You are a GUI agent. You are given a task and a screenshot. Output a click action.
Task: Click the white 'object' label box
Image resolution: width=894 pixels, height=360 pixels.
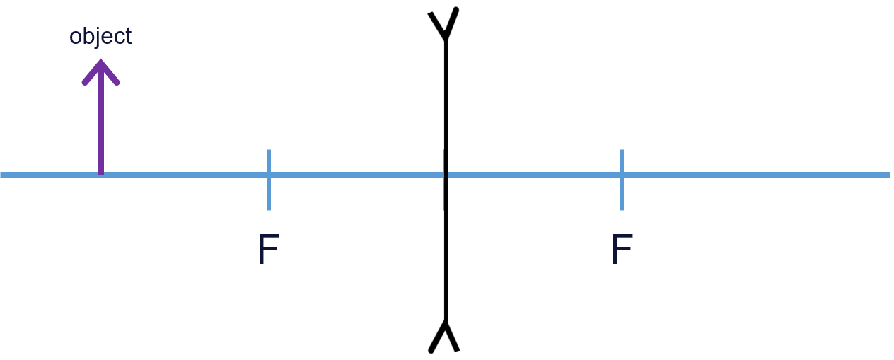pyautogui.click(x=100, y=35)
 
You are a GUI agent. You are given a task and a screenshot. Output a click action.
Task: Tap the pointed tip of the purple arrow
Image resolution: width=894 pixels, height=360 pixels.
pyautogui.click(x=100, y=62)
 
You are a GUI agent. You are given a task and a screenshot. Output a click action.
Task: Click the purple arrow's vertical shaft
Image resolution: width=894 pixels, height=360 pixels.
pyautogui.click(x=100, y=120)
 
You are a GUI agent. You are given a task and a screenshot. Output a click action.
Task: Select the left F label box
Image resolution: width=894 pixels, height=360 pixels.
pyautogui.click(x=269, y=248)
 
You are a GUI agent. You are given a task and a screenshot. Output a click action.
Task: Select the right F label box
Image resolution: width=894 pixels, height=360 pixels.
pyautogui.click(x=622, y=248)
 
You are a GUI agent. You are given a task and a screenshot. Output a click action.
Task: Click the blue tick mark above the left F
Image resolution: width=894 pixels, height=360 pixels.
pyautogui.click(x=269, y=159)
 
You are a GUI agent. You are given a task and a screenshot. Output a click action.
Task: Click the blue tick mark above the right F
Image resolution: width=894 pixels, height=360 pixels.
pyautogui.click(x=622, y=159)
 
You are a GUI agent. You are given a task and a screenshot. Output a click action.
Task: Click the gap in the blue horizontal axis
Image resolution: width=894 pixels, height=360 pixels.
pyautogui.click(x=446, y=175)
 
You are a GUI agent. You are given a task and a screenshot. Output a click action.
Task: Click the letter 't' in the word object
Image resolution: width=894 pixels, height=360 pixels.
pyautogui.click(x=127, y=36)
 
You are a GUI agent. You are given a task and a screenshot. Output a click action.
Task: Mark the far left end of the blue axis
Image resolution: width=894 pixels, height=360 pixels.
pyautogui.click(x=2, y=175)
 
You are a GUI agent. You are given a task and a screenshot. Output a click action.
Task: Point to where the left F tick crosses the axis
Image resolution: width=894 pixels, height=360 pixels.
pyautogui.click(x=269, y=175)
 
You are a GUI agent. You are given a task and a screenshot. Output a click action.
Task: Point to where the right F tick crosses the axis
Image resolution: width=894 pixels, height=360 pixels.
pyautogui.click(x=622, y=175)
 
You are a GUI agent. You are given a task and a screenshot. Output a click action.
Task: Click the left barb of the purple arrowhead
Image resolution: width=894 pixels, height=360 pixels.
pyautogui.click(x=86, y=80)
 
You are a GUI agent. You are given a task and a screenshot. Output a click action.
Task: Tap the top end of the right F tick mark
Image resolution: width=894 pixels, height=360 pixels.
pyautogui.click(x=622, y=151)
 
